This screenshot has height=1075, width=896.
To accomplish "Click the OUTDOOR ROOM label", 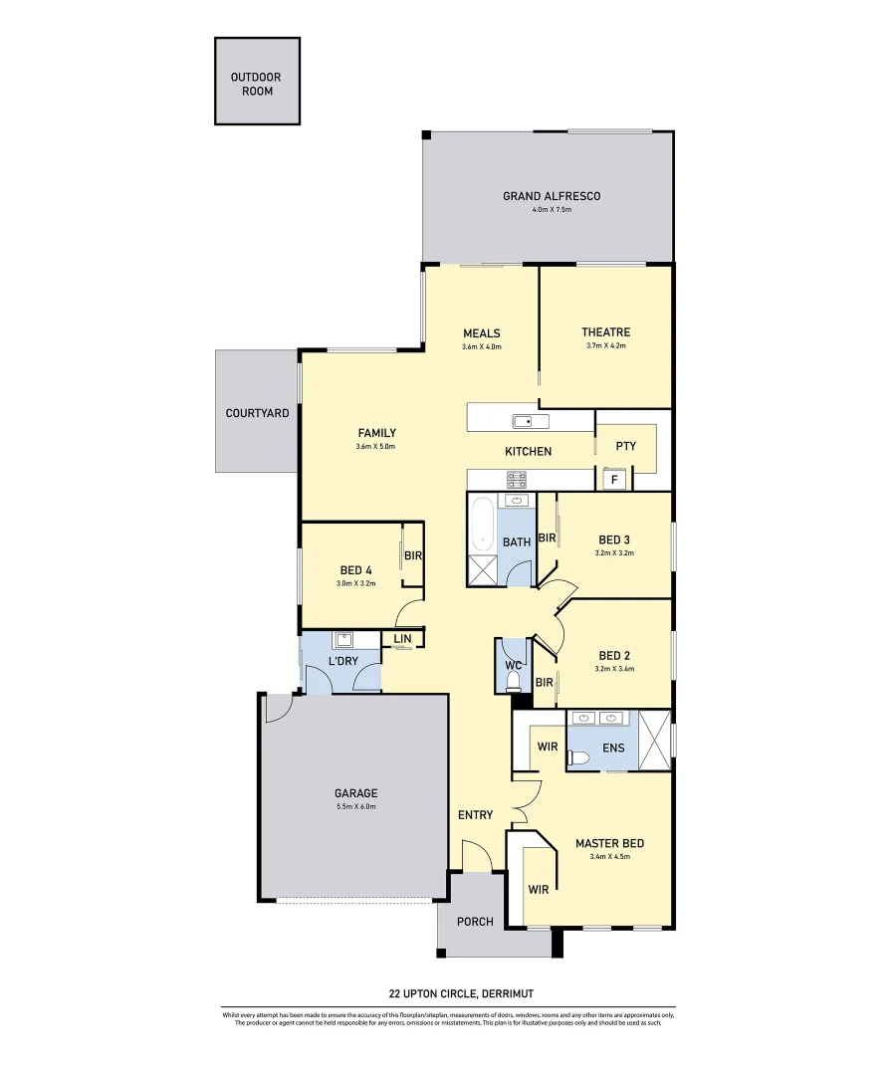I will click(256, 84).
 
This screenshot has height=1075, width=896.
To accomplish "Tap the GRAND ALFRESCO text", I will click(551, 196).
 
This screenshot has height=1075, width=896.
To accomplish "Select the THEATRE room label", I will click(605, 332).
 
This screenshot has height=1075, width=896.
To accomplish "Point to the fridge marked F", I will click(614, 480).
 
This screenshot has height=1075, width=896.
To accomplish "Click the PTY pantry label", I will click(625, 447).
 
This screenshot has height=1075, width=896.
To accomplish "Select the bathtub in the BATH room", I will click(483, 524).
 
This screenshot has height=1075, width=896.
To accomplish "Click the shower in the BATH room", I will click(483, 571).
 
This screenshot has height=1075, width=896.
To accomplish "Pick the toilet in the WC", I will click(513, 681).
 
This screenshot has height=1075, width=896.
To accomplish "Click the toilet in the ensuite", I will click(580, 758).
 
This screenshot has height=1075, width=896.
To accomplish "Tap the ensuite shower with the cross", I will click(654, 740).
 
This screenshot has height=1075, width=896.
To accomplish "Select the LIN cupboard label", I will click(402, 639).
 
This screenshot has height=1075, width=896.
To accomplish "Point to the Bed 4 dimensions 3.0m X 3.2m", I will click(356, 583).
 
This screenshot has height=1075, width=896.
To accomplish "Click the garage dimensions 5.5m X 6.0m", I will click(355, 806).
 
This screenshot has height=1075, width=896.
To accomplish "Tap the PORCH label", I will click(475, 922).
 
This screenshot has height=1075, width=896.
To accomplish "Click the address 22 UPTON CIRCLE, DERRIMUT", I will click(447, 993).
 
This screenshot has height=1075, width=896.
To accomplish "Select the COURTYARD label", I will click(257, 413).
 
